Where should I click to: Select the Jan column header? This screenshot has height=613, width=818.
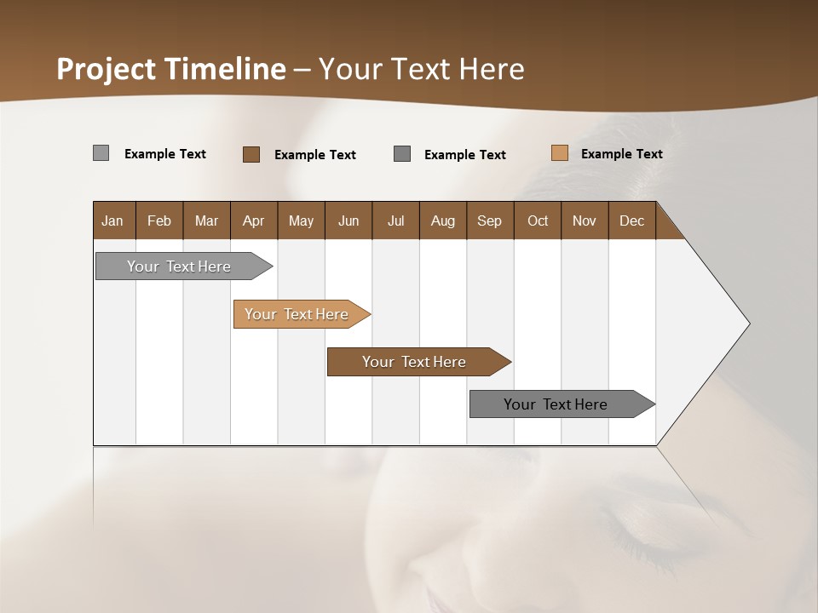coord(112,221)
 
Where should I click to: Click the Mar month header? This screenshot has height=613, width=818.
coord(206,221)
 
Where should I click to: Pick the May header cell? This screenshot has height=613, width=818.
coord(301,221)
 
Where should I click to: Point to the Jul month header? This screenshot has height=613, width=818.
coord(395,221)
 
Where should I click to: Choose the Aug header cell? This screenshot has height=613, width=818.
coord(442,221)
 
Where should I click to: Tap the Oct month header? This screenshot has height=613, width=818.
coord(538,221)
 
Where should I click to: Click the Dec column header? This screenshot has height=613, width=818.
coord(631,221)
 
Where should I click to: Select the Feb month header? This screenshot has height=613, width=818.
coord(159,221)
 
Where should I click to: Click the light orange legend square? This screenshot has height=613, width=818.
coord(560,153)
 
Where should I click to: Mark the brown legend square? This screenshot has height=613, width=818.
coord(251,154)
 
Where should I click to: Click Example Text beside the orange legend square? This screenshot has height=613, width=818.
coord(621,154)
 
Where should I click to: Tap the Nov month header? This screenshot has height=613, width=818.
coord(585,221)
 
